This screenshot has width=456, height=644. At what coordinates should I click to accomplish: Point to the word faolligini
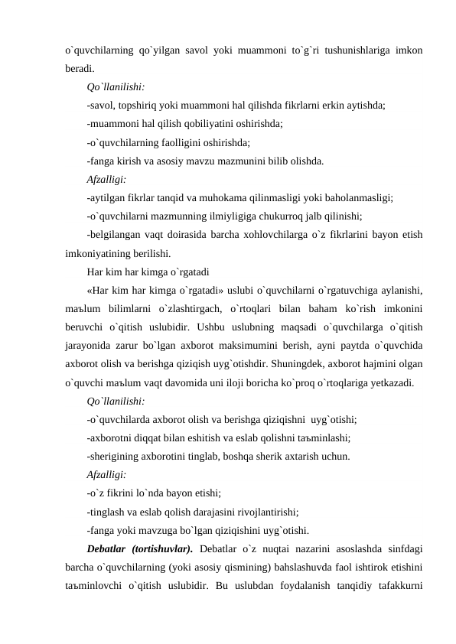[x=181, y=141]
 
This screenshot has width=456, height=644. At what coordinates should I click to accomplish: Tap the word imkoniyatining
[x=96, y=253]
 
